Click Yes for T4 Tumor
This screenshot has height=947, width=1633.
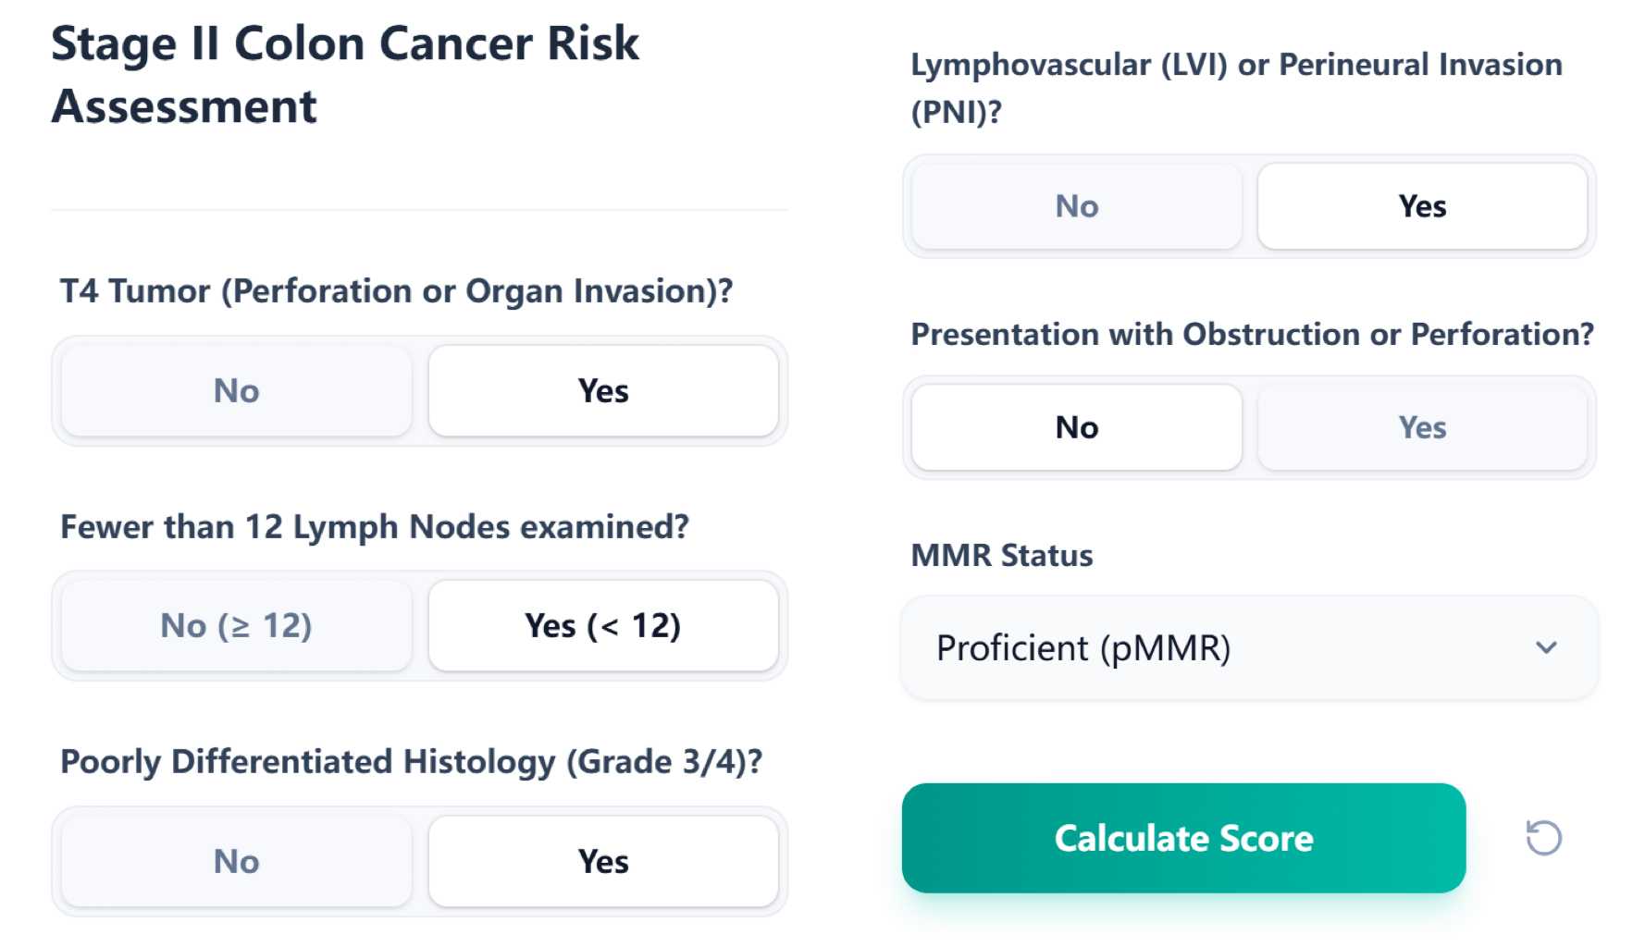click(x=603, y=391)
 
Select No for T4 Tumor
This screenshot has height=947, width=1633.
click(x=236, y=391)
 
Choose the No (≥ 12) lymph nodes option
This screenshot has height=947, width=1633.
click(x=236, y=626)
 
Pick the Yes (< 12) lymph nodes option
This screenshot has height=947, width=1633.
click(x=603, y=626)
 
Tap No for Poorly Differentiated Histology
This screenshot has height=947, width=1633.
click(x=236, y=862)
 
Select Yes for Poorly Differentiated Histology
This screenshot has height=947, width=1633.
click(x=603, y=862)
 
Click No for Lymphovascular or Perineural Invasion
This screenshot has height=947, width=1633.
click(x=1076, y=206)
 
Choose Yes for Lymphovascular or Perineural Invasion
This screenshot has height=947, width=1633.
click(x=1422, y=206)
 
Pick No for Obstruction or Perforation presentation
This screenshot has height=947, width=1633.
click(x=1076, y=427)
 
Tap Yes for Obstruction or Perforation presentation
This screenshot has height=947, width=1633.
click(x=1422, y=427)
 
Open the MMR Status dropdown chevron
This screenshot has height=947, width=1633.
click(x=1546, y=648)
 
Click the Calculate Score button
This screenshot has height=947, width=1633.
click(x=1183, y=838)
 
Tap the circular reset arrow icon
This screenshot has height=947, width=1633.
click(x=1543, y=838)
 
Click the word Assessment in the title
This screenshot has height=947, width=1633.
click(x=184, y=106)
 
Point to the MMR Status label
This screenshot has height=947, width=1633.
click(x=1002, y=556)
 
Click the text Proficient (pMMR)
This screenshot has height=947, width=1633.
click(x=1083, y=648)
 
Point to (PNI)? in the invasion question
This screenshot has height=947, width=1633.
click(x=956, y=112)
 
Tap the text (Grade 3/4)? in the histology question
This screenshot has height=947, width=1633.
click(x=664, y=762)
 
